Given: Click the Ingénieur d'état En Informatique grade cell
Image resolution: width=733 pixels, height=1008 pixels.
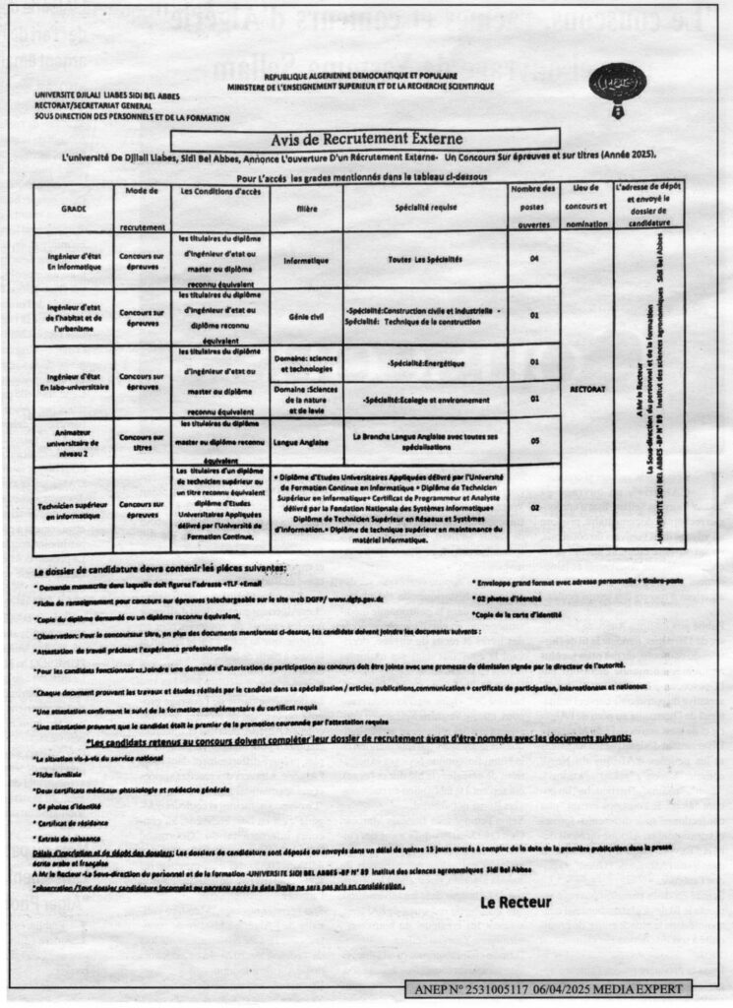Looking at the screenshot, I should point(74,261).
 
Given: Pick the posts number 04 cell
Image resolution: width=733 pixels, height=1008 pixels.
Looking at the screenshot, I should point(534,260).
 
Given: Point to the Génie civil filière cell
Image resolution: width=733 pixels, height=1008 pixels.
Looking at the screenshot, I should point(305,318).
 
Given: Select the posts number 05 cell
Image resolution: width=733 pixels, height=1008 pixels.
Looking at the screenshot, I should point(534,442).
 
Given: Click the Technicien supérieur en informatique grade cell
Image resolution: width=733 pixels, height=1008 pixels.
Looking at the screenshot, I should point(74,509).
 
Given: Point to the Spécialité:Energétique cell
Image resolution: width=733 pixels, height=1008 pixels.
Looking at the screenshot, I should point(426,363).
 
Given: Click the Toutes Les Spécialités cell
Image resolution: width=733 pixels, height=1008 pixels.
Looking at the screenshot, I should point(426,260).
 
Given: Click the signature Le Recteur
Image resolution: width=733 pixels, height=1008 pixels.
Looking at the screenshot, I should point(516,902).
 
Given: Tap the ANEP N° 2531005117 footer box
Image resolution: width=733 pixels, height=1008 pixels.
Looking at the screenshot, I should point(548,988).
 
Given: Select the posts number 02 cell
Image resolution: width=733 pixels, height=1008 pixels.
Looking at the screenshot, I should point(534,508).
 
